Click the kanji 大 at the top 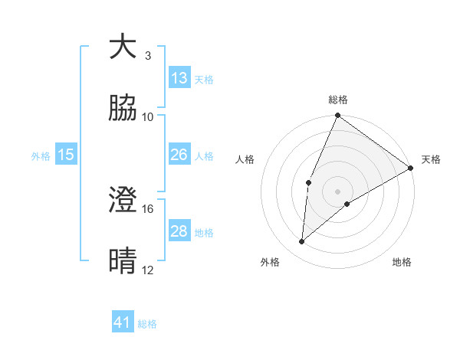(x=123, y=47)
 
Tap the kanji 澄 (x=123, y=200)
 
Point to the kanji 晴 (x=123, y=261)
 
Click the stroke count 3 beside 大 (x=147, y=56)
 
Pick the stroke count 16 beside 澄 (x=148, y=208)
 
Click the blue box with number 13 (x=179, y=78)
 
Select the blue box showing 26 (x=179, y=155)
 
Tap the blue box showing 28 (x=179, y=231)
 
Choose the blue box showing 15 (x=66, y=155)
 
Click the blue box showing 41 (x=123, y=322)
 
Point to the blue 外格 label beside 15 (x=41, y=156)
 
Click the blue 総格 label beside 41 (x=147, y=324)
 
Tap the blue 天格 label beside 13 (x=204, y=80)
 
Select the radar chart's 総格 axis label (x=338, y=100)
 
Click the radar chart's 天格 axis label (x=432, y=159)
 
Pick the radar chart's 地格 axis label (x=402, y=263)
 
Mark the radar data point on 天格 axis (x=411, y=168)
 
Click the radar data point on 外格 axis (x=302, y=241)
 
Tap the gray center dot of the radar (x=337, y=191)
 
